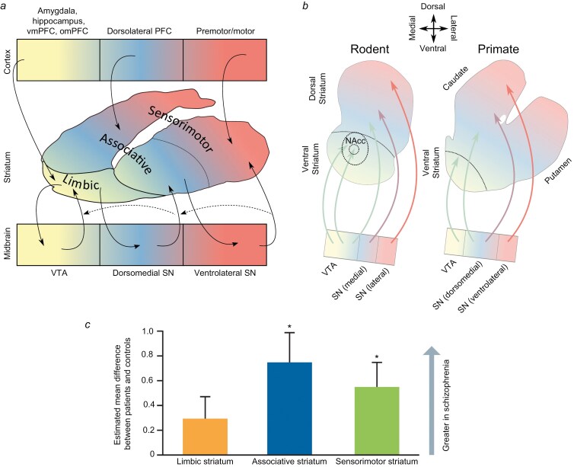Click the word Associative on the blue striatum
click(134, 149)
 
